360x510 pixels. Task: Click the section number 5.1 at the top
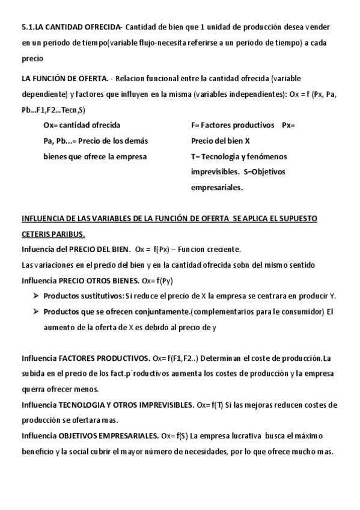pyautogui.click(x=28, y=27)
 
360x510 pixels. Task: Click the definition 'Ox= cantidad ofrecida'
pyautogui.click(x=82, y=125)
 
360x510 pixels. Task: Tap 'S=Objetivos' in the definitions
pyautogui.click(x=264, y=172)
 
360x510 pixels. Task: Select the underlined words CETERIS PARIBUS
pyautogui.click(x=53, y=233)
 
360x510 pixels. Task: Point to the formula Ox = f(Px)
pyautogui.click(x=154, y=249)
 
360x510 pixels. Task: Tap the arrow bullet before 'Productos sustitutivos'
pyautogui.click(x=37, y=296)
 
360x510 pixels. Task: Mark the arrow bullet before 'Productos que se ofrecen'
pyautogui.click(x=37, y=312)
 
